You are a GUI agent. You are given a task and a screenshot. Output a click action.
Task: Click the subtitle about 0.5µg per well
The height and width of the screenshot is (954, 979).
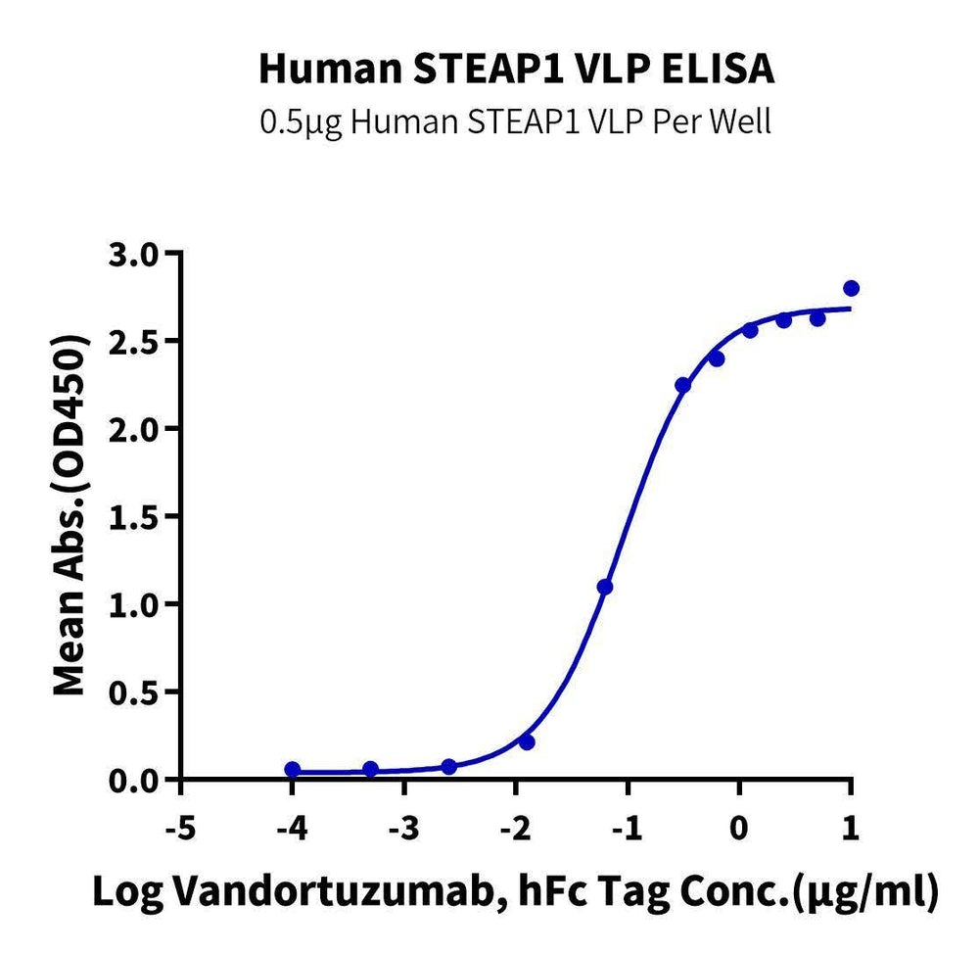click(x=516, y=123)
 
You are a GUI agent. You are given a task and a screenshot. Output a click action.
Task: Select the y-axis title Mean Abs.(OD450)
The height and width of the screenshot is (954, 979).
click(x=69, y=517)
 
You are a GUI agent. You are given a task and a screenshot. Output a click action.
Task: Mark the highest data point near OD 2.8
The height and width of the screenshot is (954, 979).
click(x=851, y=288)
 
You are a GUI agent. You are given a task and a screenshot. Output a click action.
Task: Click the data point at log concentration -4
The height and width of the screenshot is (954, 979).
click(x=293, y=769)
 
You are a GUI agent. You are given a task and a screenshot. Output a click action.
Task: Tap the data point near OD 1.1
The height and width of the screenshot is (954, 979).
click(x=605, y=587)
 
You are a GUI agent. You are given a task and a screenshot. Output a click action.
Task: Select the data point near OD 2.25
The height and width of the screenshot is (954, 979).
click(x=683, y=385)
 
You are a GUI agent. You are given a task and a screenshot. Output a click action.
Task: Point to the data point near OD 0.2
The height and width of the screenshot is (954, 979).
click(x=528, y=742)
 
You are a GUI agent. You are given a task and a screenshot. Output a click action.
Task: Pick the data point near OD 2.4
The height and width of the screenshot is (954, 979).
click(x=717, y=358)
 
